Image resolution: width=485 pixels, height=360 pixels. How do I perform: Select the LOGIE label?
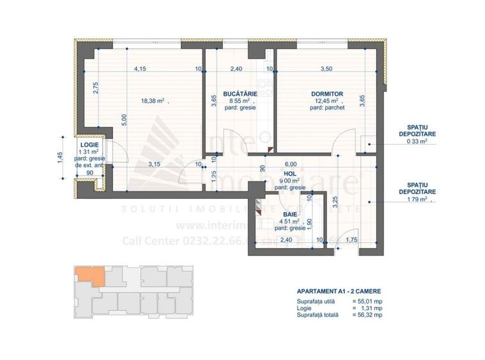point(89,145)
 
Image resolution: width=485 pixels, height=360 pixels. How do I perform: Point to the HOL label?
point(291,173)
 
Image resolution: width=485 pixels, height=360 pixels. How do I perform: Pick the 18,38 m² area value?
point(153,100)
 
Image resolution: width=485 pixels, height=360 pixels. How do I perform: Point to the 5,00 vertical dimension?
point(125,120)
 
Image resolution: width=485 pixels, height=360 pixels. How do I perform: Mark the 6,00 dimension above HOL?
point(291,164)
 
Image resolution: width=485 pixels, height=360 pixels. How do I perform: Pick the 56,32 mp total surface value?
point(369,315)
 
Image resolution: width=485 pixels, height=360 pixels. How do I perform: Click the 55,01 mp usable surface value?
point(369,301)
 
